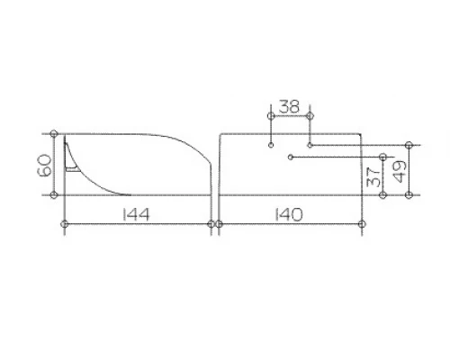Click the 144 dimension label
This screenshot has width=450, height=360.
coord(136,214)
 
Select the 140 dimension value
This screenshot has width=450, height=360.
coord(289,214)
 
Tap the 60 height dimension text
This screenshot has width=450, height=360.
coord(45,166)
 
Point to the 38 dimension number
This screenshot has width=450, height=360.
coord(289,106)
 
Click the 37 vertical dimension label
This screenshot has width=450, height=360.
coord(373,176)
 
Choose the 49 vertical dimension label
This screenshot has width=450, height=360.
coord(400,171)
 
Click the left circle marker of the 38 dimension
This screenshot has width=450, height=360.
coord(271,115)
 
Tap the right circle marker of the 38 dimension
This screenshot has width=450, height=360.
coord(310,115)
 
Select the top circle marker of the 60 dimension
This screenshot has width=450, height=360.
coord(54,133)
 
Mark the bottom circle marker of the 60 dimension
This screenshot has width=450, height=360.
coord(54,195)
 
